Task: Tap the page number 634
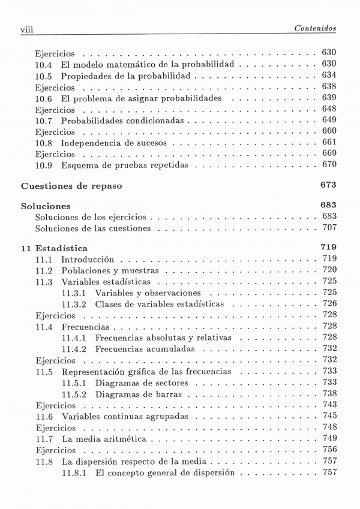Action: tap(329, 75)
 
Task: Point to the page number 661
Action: tap(329, 143)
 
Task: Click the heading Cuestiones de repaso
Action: tap(71, 186)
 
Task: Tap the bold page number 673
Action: tap(328, 185)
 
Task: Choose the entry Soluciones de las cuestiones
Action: tap(93, 229)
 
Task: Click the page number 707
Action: tap(329, 228)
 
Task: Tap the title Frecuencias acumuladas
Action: tap(145, 350)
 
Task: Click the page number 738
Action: tap(329, 394)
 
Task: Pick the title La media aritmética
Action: tap(103, 439)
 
